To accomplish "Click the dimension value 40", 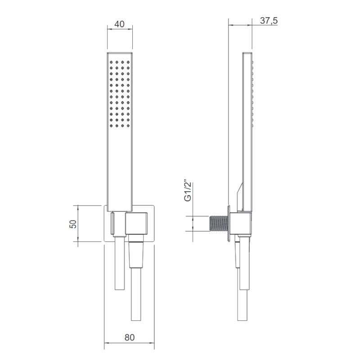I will (120, 24).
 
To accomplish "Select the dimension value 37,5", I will (269, 21).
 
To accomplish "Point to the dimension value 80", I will (130, 337).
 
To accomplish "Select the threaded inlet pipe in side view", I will (219, 224).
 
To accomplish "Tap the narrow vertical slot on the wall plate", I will (112, 224).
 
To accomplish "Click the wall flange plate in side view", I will (231, 224).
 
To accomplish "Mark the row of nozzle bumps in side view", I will (253, 94).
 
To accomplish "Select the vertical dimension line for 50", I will (78, 225).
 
